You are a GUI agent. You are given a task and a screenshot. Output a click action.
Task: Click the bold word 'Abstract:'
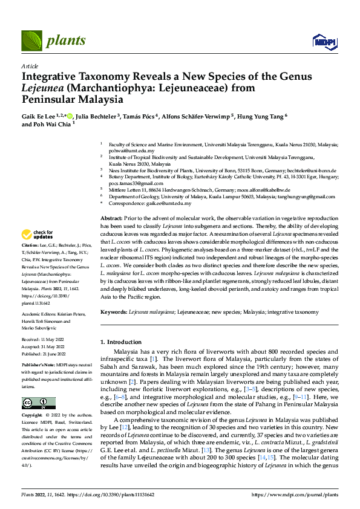(x=112, y=218)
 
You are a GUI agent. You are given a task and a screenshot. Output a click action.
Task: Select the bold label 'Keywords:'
(x=114, y=312)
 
